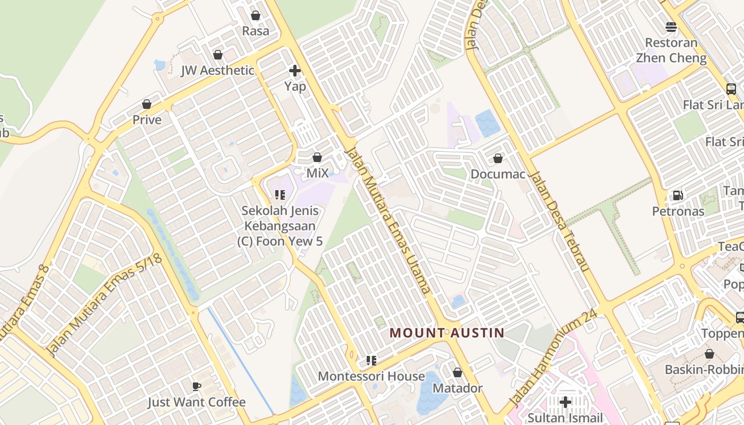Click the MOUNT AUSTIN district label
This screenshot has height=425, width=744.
click(x=446, y=333)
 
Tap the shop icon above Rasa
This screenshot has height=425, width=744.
click(x=256, y=15)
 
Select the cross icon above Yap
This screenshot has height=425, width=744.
click(x=295, y=70)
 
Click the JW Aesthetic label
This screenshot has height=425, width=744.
click(x=217, y=70)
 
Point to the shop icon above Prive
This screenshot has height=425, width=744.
click(x=147, y=104)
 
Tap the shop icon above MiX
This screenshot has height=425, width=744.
click(x=317, y=157)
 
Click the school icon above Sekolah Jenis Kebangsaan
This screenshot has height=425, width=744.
click(x=280, y=194)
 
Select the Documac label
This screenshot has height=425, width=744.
click(x=497, y=174)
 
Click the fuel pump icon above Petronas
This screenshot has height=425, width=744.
click(x=678, y=195)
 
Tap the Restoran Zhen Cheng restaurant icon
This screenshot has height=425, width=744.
click(x=671, y=27)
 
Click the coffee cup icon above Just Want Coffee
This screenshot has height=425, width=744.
click(x=197, y=386)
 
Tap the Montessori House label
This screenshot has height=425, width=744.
click(x=371, y=376)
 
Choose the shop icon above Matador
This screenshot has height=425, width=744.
click(x=458, y=372)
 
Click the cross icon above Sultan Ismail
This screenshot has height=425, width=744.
click(x=565, y=402)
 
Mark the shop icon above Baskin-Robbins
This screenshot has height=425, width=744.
click(x=709, y=354)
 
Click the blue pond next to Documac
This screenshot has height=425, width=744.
click(x=487, y=123)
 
